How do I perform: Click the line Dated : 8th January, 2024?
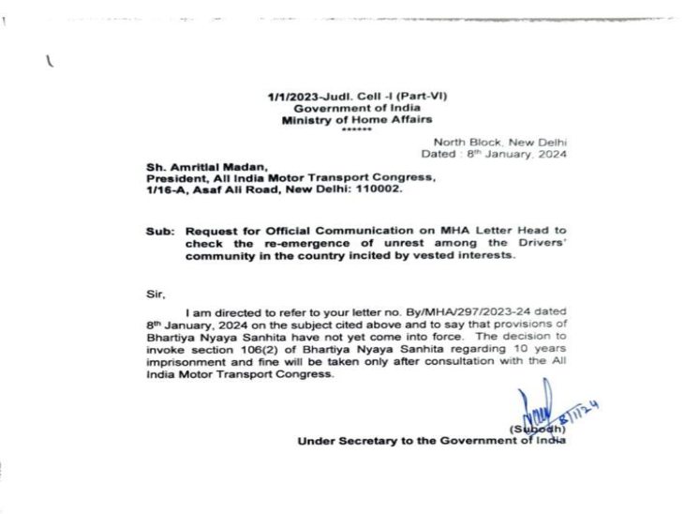pyautogui.click(x=495, y=153)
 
